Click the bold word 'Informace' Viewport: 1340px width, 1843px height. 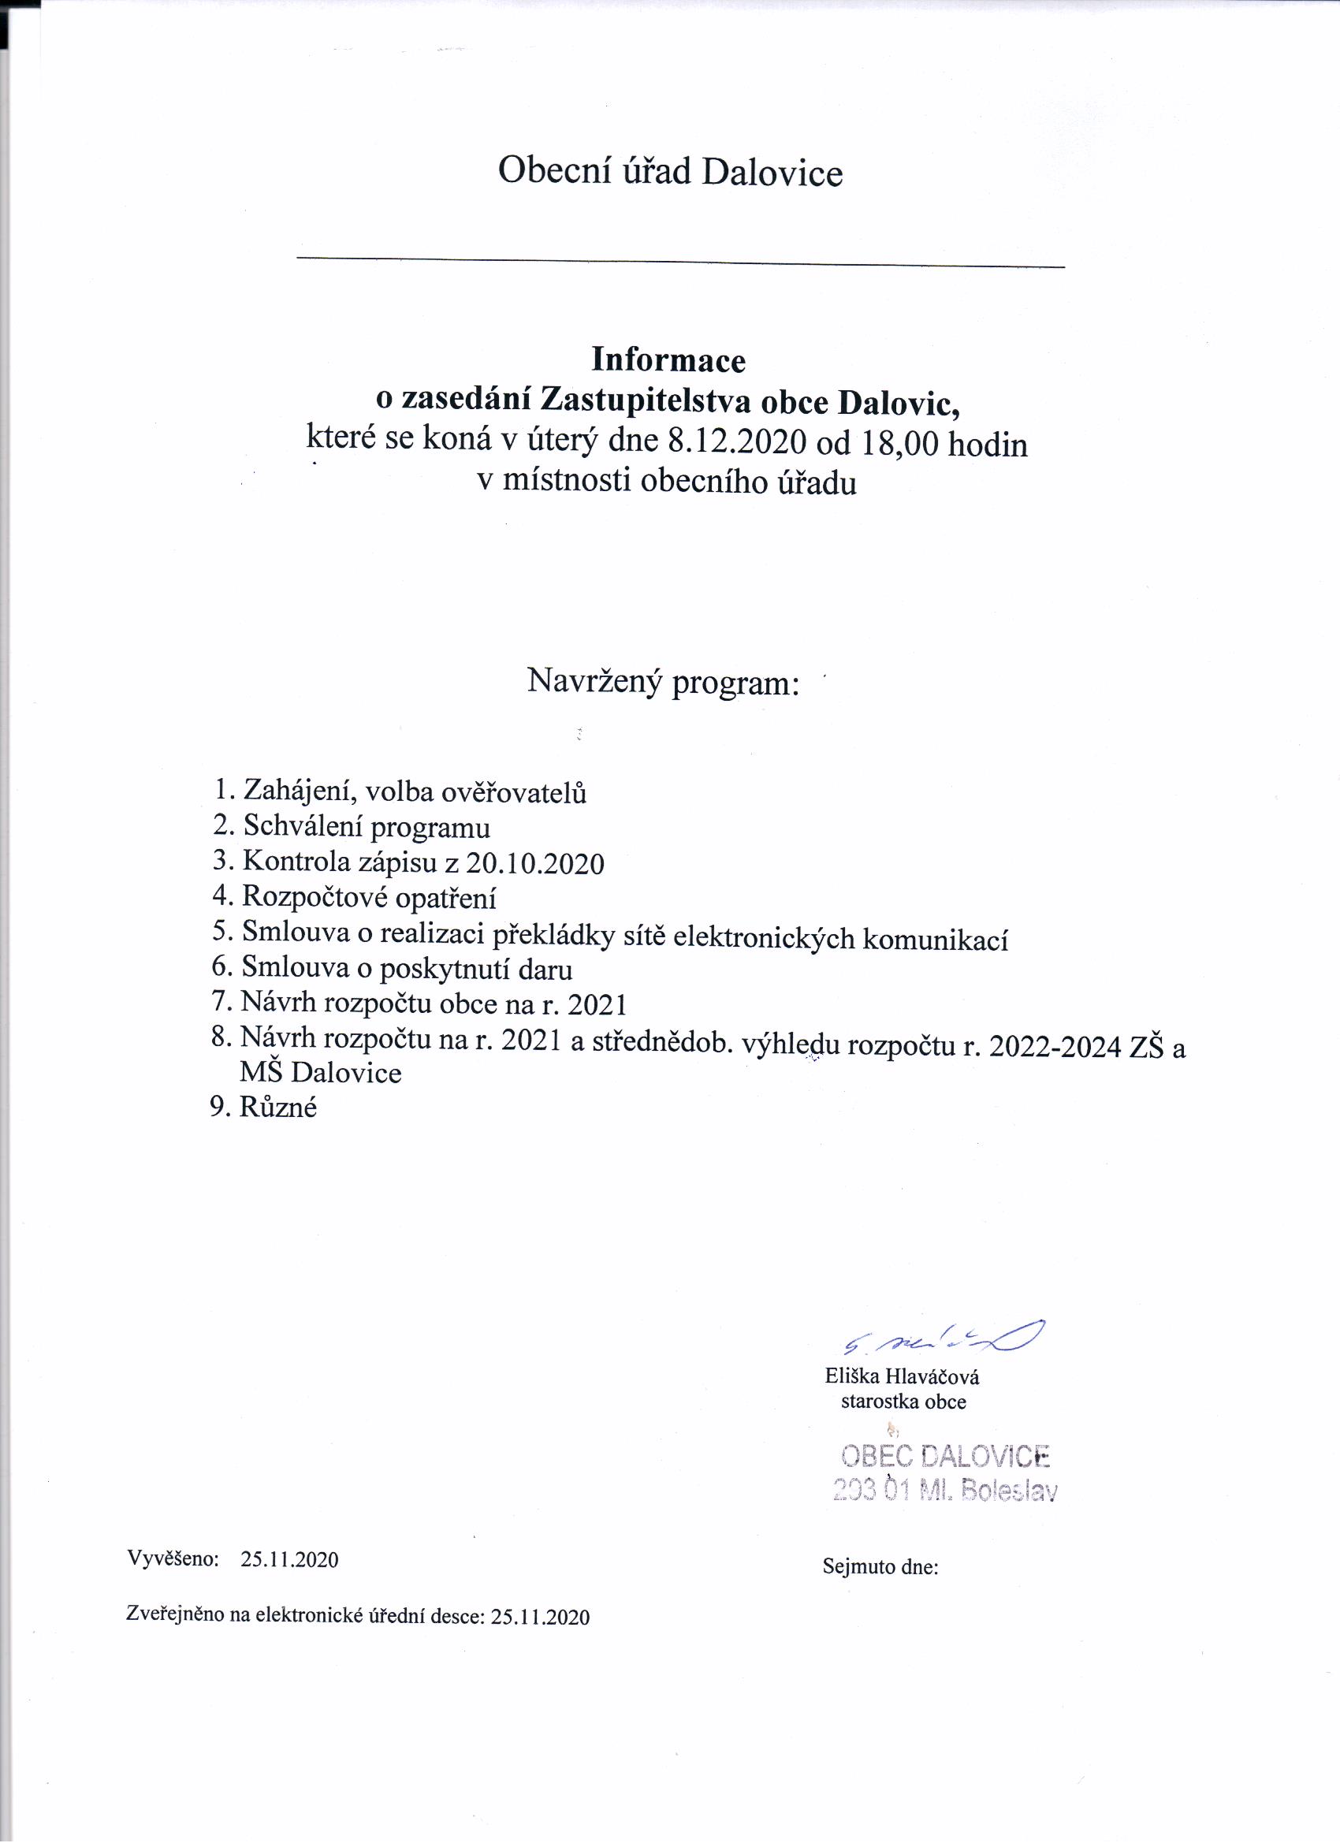(x=668, y=360)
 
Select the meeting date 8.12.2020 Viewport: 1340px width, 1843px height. (x=736, y=443)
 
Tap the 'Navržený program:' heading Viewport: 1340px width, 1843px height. (x=663, y=681)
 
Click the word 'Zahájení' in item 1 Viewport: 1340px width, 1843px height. (x=296, y=791)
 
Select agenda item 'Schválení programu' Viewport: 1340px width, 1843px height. (x=367, y=827)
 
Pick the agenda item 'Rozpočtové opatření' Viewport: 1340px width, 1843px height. (x=369, y=898)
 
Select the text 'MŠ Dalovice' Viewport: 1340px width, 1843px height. (x=320, y=1074)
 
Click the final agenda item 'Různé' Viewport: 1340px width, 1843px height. (x=278, y=1108)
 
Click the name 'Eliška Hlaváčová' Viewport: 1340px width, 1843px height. (x=902, y=1377)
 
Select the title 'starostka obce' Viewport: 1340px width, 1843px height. (x=903, y=1402)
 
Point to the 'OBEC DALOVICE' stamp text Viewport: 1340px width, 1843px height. (x=945, y=1457)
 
